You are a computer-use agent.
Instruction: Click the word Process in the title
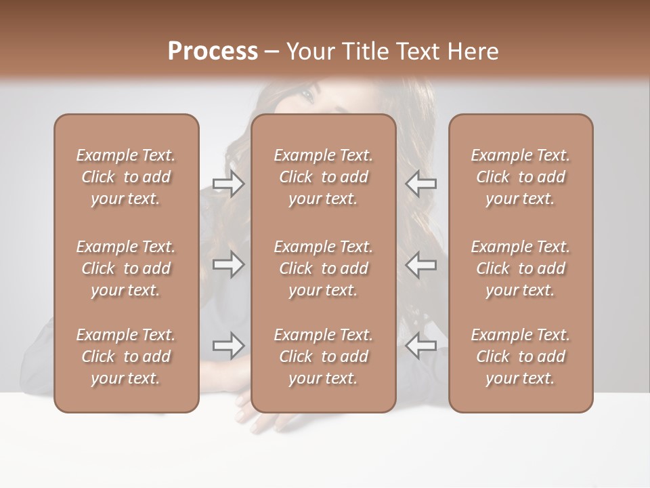tap(213, 52)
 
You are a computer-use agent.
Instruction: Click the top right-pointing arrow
tap(229, 184)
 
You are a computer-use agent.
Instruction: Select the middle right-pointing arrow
tap(229, 264)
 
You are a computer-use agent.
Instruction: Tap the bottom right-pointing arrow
tap(229, 346)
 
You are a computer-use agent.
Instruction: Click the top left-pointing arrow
tap(420, 184)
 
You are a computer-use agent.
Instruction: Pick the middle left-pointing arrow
tap(420, 264)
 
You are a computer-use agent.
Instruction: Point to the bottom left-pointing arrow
tap(420, 346)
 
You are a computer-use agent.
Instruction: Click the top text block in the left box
tap(126, 177)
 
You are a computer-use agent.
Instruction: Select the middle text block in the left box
tap(126, 268)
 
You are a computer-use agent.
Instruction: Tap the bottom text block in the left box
tap(126, 357)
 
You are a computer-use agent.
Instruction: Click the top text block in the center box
tap(323, 177)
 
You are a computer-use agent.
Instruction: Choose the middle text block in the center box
tap(323, 268)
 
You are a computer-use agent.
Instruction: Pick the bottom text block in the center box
tap(323, 357)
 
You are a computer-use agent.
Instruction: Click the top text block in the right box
tap(520, 177)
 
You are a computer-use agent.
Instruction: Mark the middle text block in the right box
tap(520, 268)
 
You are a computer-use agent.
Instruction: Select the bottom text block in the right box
tap(520, 357)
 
